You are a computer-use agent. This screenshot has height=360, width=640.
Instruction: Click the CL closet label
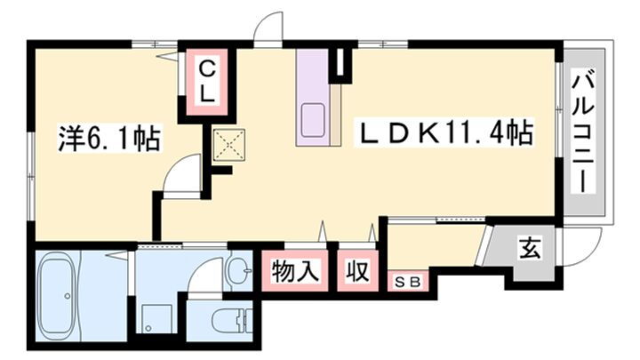[x=205, y=79]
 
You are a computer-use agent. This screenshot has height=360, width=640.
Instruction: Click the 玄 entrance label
[x=529, y=250]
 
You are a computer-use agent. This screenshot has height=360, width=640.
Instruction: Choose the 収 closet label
[x=357, y=269]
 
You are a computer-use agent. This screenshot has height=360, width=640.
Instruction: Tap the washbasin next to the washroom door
[x=238, y=268]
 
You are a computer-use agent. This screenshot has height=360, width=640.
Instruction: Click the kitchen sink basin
[x=314, y=117]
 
